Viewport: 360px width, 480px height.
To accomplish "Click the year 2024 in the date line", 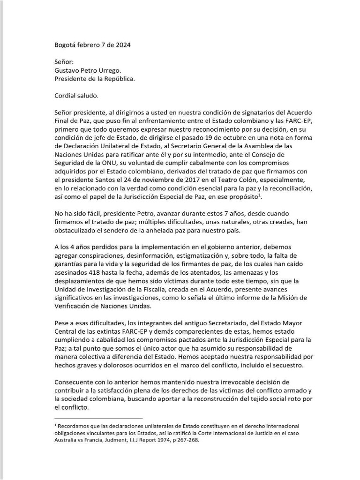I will coord(122,45).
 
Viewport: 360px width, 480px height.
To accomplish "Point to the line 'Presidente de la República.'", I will coord(95,79).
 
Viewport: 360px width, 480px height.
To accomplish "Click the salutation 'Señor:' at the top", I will coord(64,62).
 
